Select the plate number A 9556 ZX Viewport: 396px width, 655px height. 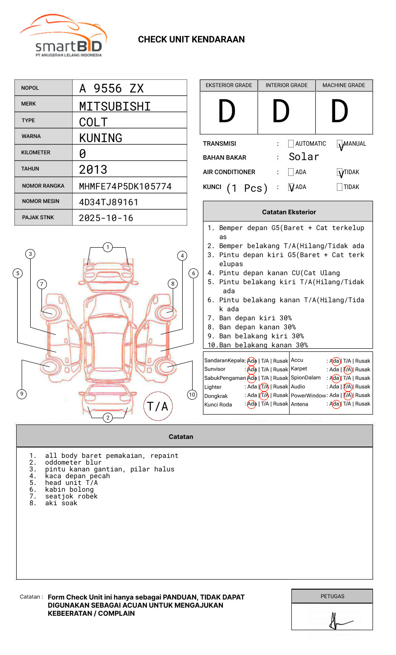pyautogui.click(x=111, y=88)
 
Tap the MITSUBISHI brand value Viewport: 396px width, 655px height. pyautogui.click(x=115, y=106)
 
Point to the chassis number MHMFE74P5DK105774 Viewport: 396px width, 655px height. pyautogui.click(x=125, y=186)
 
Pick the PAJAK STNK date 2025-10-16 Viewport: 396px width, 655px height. pyautogui.click(x=106, y=218)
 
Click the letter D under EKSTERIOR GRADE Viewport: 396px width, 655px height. pyautogui.click(x=227, y=112)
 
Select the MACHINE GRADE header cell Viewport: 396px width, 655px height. pyautogui.click(x=344, y=85)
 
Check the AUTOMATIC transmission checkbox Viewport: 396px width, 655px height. pyautogui.click(x=291, y=144)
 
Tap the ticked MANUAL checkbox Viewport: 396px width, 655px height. pyautogui.click(x=340, y=144)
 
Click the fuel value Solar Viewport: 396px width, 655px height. pyautogui.click(x=304, y=157)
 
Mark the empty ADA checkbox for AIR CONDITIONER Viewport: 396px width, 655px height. pyautogui.click(x=291, y=172)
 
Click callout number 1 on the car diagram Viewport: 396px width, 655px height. pyautogui.click(x=107, y=247)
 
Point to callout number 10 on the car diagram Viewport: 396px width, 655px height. pyautogui.click(x=192, y=395)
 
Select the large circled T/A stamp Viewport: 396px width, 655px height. pyautogui.click(x=157, y=406)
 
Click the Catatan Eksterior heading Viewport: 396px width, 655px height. pyautogui.click(x=289, y=212)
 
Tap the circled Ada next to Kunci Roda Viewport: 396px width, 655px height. pyautogui.click(x=252, y=404)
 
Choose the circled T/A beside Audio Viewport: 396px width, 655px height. pyautogui.click(x=347, y=387)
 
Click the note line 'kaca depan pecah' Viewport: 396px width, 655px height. pyautogui.click(x=77, y=476)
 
